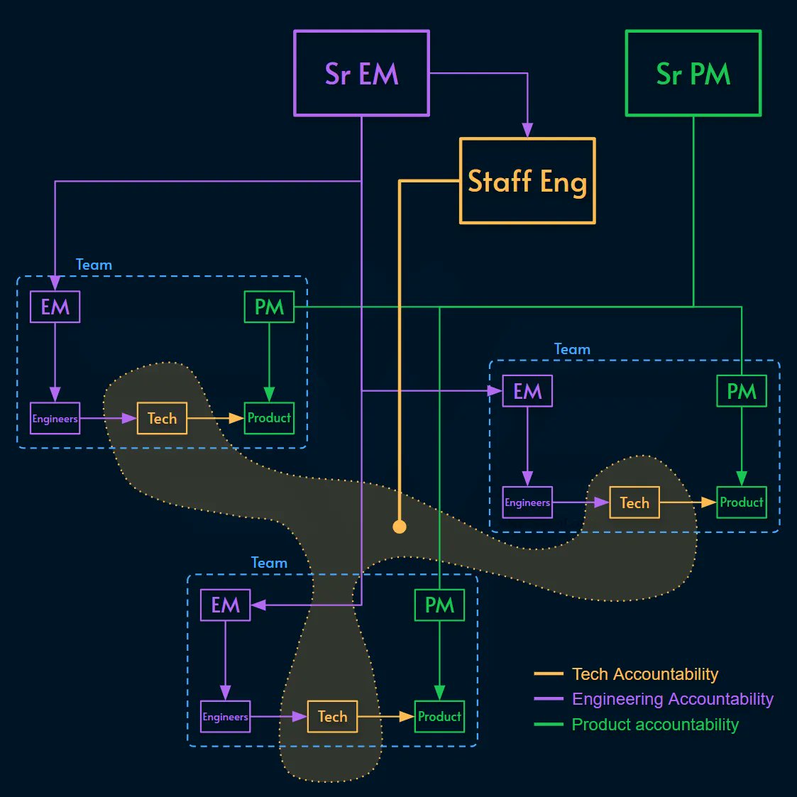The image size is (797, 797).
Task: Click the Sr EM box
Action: tap(361, 73)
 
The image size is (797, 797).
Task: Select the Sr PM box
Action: tap(693, 73)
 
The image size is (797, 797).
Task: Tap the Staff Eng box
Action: tap(527, 181)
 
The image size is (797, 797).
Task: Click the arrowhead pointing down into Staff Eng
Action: tap(527, 130)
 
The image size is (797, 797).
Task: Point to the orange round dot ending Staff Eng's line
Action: tap(400, 527)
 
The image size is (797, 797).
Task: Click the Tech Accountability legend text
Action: tap(645, 674)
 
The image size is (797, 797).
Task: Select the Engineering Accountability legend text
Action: tap(672, 699)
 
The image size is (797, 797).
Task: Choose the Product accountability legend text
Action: tap(655, 725)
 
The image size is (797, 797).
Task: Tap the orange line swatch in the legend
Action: tap(549, 674)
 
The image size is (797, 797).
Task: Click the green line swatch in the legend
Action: tap(549, 725)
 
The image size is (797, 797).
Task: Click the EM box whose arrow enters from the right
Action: tap(225, 605)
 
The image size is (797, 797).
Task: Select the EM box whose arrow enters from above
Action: tap(55, 307)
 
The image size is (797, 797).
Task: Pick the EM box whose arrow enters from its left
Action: tap(527, 391)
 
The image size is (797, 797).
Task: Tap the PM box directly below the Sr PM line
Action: tap(742, 391)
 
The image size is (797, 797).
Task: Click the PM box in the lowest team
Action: tap(439, 605)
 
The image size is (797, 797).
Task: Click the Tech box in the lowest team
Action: tap(332, 717)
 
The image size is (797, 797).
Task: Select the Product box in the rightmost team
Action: tap(742, 502)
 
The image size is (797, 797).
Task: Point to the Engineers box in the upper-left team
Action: tap(55, 419)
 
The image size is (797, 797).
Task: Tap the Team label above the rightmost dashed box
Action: tap(572, 349)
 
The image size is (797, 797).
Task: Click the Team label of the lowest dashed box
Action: tap(269, 563)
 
